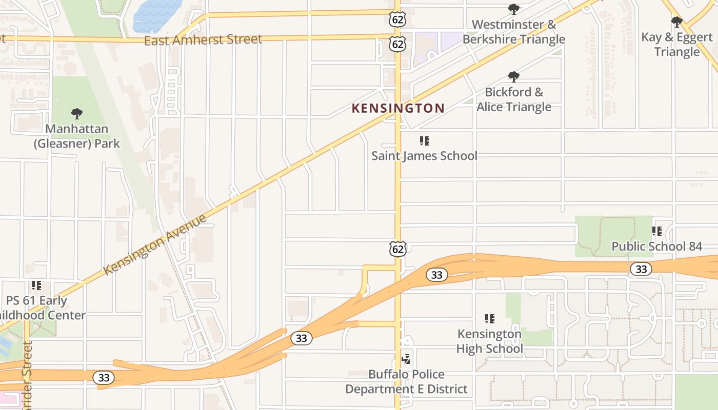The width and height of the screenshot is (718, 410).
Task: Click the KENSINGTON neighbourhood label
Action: (x=398, y=108)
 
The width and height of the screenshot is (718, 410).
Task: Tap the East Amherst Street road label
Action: (x=203, y=40)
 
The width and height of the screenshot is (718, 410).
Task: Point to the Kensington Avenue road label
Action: (x=155, y=244)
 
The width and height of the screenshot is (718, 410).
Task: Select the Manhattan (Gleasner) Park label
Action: (x=77, y=136)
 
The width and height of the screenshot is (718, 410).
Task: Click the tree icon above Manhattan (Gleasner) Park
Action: (x=77, y=113)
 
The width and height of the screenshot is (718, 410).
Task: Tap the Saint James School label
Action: (x=424, y=156)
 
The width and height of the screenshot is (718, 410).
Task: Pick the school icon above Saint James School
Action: (x=424, y=141)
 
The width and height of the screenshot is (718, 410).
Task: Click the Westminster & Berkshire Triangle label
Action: (x=513, y=32)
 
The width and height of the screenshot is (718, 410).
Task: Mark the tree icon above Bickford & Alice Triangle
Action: (x=513, y=77)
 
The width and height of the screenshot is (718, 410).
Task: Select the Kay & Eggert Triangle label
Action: (x=676, y=45)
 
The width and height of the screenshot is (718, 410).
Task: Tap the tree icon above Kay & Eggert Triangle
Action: (x=676, y=22)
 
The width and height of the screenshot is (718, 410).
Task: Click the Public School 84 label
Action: (x=656, y=247)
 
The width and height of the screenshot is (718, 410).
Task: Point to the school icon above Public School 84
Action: (x=656, y=232)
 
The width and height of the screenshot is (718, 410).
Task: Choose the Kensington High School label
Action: (x=490, y=341)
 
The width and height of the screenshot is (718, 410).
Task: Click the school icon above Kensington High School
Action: (x=490, y=319)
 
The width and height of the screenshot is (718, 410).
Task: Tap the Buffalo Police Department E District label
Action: (x=406, y=382)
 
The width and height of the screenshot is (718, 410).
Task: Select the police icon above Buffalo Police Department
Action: (x=406, y=359)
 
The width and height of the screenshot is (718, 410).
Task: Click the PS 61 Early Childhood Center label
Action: (x=43, y=307)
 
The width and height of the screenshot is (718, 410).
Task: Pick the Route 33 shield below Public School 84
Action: (x=641, y=269)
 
